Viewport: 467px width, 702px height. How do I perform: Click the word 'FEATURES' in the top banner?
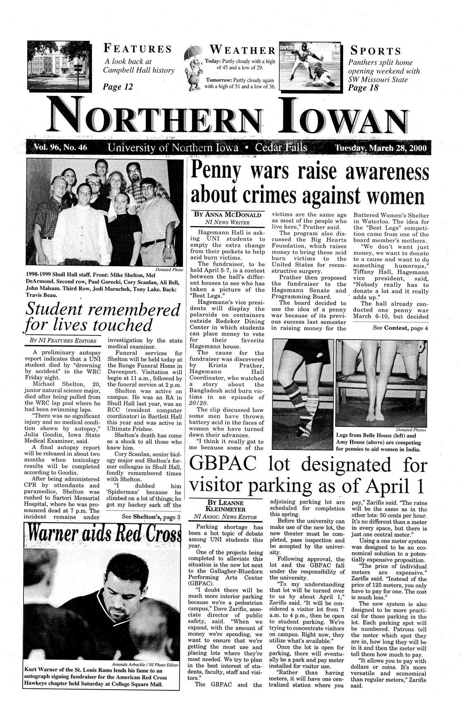(137, 49)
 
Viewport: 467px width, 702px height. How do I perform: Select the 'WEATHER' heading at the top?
(242, 50)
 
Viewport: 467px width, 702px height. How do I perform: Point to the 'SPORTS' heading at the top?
(375, 51)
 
